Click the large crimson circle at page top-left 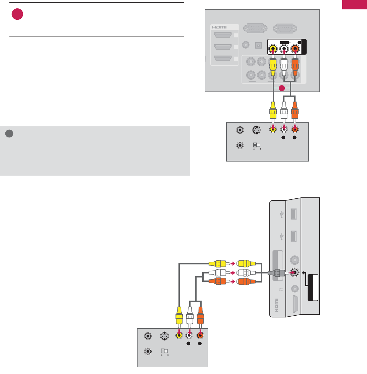pos(17,14)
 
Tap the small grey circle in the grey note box pos(9,133)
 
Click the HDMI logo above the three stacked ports pos(219,27)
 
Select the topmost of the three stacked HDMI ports pos(223,35)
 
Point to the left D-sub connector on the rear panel pos(255,29)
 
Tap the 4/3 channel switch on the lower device pos(166,352)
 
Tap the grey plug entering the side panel pos(277,273)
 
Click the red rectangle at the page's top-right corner pos(354,5)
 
